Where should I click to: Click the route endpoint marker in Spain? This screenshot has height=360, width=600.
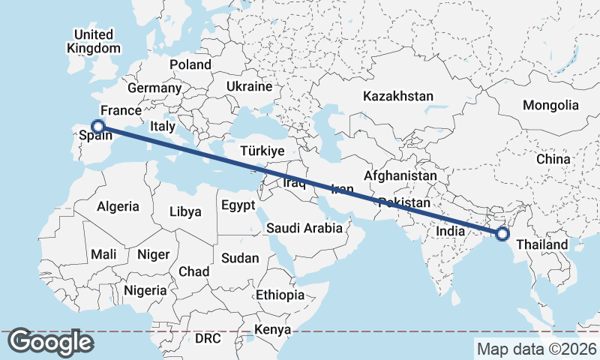tap(97, 127)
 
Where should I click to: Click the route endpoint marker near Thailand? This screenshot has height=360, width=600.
tap(502, 234)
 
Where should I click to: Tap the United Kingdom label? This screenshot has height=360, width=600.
tap(93, 41)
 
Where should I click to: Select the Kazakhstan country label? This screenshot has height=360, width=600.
tap(398, 96)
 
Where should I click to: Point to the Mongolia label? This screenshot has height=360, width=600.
tap(550, 106)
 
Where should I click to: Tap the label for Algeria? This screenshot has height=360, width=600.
tap(118, 206)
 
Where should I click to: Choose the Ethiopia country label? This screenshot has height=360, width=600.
tap(280, 295)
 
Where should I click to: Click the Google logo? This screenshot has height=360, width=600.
tap(50, 342)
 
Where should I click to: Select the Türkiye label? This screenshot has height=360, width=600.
tap(262, 151)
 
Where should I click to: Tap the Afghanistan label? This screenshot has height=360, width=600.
tap(400, 175)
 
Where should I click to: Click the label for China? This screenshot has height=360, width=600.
tap(553, 160)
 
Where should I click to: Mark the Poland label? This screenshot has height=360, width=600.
tap(190, 65)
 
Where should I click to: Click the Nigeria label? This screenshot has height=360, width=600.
tap(145, 290)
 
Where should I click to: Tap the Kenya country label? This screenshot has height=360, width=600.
tap(272, 330)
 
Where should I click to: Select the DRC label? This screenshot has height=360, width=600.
tap(208, 338)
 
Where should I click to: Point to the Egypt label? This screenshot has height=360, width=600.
tap(238, 205)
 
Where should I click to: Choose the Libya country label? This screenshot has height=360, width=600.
tap(185, 211)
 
